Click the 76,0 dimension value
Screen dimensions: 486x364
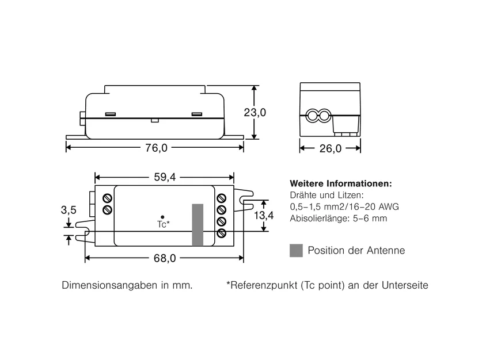pos(156,148)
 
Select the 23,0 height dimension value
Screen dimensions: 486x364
pos(255,112)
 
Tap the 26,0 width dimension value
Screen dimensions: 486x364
pos(331,148)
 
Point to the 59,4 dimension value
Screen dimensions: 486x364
pos(165,177)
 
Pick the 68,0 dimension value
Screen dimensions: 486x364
pos(165,258)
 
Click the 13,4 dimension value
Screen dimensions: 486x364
pos(264,215)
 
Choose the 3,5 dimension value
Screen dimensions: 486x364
pos(69,210)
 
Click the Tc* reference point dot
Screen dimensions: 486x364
pos(162,217)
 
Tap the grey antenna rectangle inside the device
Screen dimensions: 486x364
pos(198,225)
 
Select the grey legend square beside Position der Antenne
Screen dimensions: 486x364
pos(297,250)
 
